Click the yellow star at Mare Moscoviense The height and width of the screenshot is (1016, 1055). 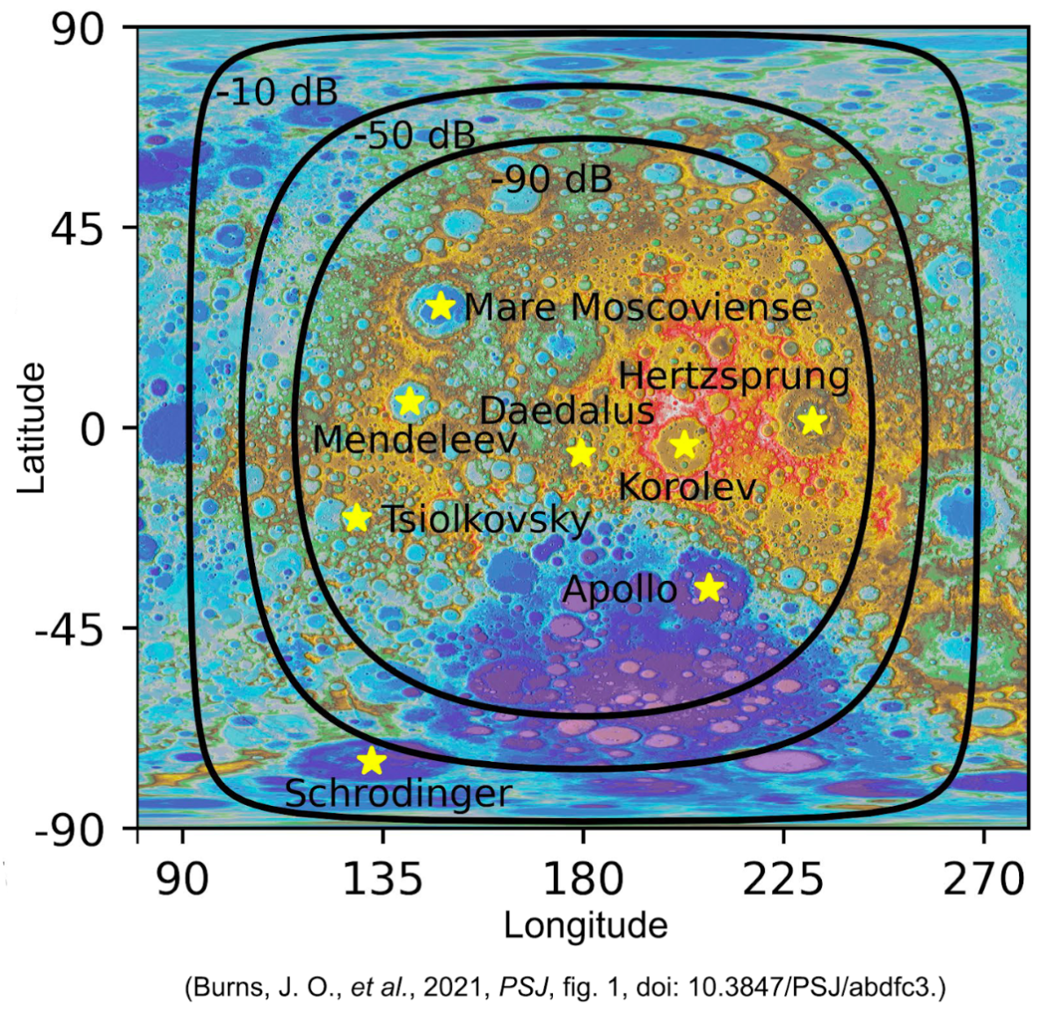click(440, 306)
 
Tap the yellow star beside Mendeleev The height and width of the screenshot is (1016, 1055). click(410, 403)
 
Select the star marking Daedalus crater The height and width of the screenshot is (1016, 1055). click(580, 454)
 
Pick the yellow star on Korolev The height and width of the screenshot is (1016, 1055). click(685, 446)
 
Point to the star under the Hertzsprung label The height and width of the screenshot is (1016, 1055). click(812, 421)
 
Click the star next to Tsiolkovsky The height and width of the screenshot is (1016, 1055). click(356, 518)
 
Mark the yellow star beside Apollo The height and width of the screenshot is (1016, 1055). click(709, 587)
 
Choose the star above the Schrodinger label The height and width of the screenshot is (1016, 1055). click(372, 761)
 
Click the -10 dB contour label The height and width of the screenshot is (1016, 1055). click(277, 92)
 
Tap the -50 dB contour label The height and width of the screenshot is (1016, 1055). click(415, 136)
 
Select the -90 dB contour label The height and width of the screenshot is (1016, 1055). click(551, 180)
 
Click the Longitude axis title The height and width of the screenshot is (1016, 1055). click(586, 925)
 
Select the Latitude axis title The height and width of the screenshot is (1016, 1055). click(32, 428)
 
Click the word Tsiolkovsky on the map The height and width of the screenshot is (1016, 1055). click(485, 519)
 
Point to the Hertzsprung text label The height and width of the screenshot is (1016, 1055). click(734, 377)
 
